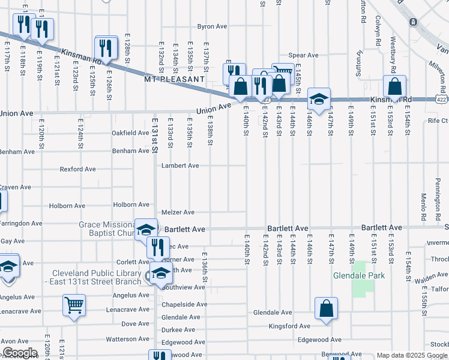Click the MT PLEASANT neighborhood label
[x=174, y=79]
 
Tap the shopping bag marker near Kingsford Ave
[x=325, y=309]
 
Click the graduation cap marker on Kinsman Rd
[x=319, y=99]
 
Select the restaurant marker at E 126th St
[x=107, y=48]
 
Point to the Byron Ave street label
[x=212, y=26]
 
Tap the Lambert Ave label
[x=180, y=166]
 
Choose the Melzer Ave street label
[x=178, y=212]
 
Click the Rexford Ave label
[x=78, y=169]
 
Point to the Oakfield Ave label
[x=130, y=133]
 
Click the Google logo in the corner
[x=19, y=353]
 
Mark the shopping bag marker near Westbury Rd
[x=395, y=86]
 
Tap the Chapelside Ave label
[x=184, y=304]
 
